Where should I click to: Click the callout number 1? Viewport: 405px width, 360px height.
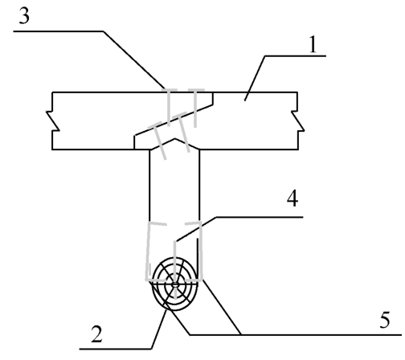point(313,45)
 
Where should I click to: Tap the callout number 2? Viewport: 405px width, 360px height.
point(96,334)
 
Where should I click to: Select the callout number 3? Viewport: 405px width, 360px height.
point(24,16)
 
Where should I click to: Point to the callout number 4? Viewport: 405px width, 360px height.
point(292,199)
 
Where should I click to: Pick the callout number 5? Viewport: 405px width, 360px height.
point(385,320)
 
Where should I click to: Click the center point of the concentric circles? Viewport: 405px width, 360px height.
point(175,284)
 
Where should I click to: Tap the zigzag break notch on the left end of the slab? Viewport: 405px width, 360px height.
point(53,121)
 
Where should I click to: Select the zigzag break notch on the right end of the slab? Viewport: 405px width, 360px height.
point(298,121)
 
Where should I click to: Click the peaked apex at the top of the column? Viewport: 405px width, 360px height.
point(175,139)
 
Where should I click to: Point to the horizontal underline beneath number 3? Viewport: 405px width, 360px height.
point(59,31)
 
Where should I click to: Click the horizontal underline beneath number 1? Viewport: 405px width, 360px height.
point(296,56)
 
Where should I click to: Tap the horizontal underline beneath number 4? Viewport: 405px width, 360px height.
point(260,217)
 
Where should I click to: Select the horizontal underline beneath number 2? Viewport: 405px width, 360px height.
point(116,349)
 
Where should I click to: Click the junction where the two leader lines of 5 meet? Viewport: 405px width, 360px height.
point(240,335)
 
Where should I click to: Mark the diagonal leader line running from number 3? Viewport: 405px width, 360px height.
point(133,59)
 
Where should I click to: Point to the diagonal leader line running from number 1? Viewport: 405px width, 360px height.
point(255,78)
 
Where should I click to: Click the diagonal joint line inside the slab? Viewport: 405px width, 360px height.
point(174,120)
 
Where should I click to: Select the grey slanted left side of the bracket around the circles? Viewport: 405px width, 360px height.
point(148,251)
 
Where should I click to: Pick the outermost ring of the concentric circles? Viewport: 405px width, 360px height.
point(153,284)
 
